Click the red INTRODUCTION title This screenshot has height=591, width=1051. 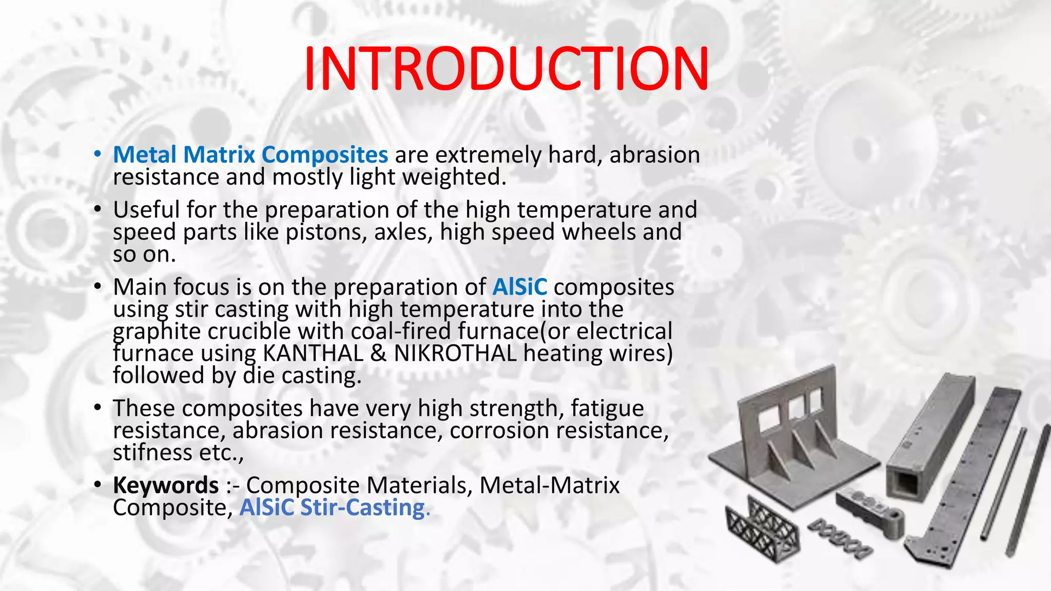click(506, 69)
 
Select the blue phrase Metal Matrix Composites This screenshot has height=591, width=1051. click(250, 154)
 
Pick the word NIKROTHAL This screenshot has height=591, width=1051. click(455, 353)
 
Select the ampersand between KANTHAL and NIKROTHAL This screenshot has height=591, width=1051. click(378, 353)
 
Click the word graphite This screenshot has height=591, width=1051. click(157, 331)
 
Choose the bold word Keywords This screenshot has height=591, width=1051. click(166, 485)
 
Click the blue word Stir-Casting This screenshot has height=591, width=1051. click(362, 507)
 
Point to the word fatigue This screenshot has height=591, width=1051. click(607, 408)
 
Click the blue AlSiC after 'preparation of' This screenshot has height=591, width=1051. click(519, 287)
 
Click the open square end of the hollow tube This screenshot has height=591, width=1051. click(903, 484)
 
